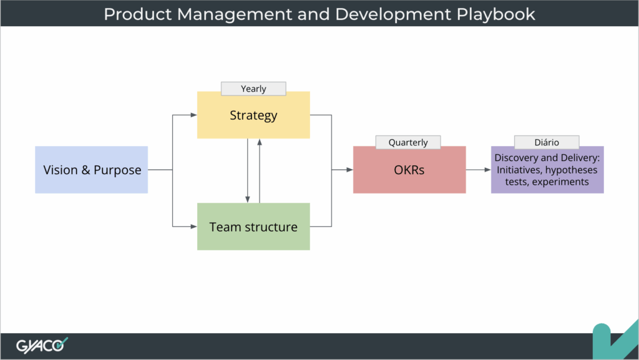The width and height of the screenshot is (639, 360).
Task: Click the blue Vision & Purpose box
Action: click(x=92, y=170)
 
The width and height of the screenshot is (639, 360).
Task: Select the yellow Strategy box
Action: click(x=253, y=115)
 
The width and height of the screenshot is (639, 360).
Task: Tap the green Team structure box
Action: click(x=253, y=226)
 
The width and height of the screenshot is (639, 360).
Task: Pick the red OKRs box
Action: click(x=409, y=170)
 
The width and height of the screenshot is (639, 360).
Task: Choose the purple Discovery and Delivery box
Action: click(x=547, y=170)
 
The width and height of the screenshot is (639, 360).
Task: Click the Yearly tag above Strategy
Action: click(x=253, y=89)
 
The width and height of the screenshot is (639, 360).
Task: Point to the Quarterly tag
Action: click(x=408, y=142)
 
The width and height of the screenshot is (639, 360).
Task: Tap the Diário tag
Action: click(x=547, y=142)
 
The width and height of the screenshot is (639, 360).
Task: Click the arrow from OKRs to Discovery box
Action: click(x=478, y=170)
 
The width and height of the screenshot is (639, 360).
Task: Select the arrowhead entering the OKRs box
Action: click(x=349, y=170)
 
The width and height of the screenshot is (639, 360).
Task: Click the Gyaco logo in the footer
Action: click(x=42, y=344)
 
